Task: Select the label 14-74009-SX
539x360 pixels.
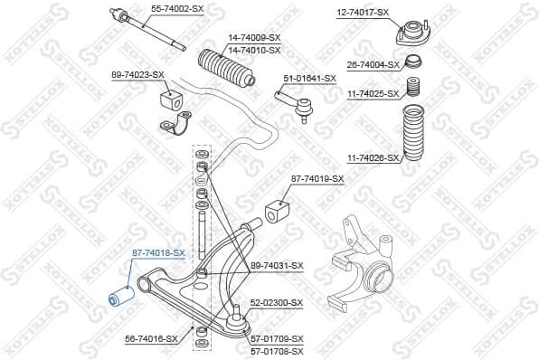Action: pos(254,37)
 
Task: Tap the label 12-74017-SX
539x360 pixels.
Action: pos(363,12)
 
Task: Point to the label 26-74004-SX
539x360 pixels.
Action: pos(373,65)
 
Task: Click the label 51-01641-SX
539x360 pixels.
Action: pos(309,78)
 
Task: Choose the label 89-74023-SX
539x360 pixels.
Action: pos(137,74)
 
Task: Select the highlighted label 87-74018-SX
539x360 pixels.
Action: pos(158,252)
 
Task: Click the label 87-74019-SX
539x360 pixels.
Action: pos(317,179)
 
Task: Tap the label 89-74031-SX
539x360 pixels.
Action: pos(277,265)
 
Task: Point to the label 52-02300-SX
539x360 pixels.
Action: pos(277,303)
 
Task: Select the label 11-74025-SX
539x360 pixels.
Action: pos(373,93)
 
